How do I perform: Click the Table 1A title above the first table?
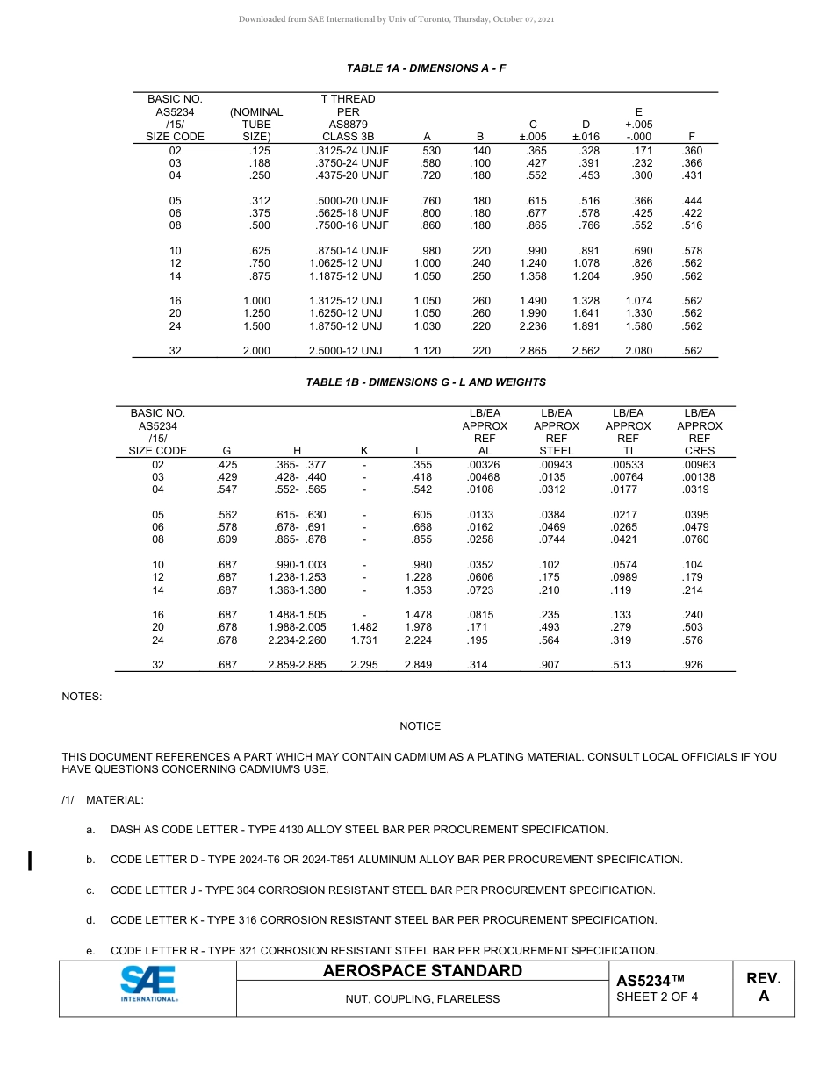click(x=426, y=68)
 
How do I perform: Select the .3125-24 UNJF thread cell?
click(x=351, y=151)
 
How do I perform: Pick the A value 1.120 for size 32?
click(x=427, y=351)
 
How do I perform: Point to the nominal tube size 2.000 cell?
click(x=256, y=351)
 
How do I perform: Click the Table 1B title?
click(x=426, y=382)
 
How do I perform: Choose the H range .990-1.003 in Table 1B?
click(x=297, y=565)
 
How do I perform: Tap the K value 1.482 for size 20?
click(x=364, y=628)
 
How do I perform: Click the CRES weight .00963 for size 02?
click(x=699, y=465)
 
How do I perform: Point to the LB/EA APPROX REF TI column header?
click(x=628, y=432)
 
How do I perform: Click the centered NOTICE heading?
click(x=420, y=726)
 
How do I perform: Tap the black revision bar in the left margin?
click(x=31, y=860)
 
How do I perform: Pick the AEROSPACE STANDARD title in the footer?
click(x=422, y=971)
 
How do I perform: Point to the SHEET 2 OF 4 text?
click(x=657, y=997)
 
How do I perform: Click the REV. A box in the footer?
click(x=763, y=988)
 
